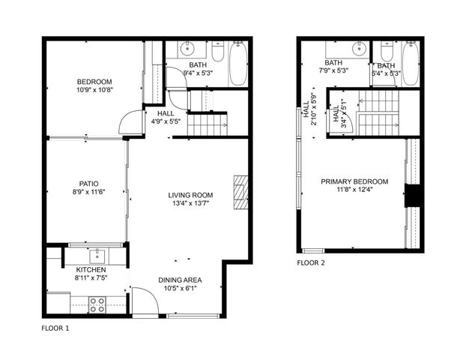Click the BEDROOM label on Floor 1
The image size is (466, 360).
tap(94, 82)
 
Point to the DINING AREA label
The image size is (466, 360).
tap(180, 280)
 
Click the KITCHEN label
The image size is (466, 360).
tap(91, 269)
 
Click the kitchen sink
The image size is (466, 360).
tap(97, 253)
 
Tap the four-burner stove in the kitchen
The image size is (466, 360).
tap(97, 304)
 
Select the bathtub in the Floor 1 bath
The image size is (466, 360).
tap(237, 63)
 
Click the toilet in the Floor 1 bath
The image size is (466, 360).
tap(217, 52)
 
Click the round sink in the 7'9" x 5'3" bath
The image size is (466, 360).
tap(357, 50)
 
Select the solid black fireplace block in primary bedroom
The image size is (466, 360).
tap(411, 195)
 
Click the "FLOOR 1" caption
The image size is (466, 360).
tap(55, 328)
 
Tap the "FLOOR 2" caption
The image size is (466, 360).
tap(311, 263)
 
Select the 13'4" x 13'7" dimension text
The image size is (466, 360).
tap(191, 203)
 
